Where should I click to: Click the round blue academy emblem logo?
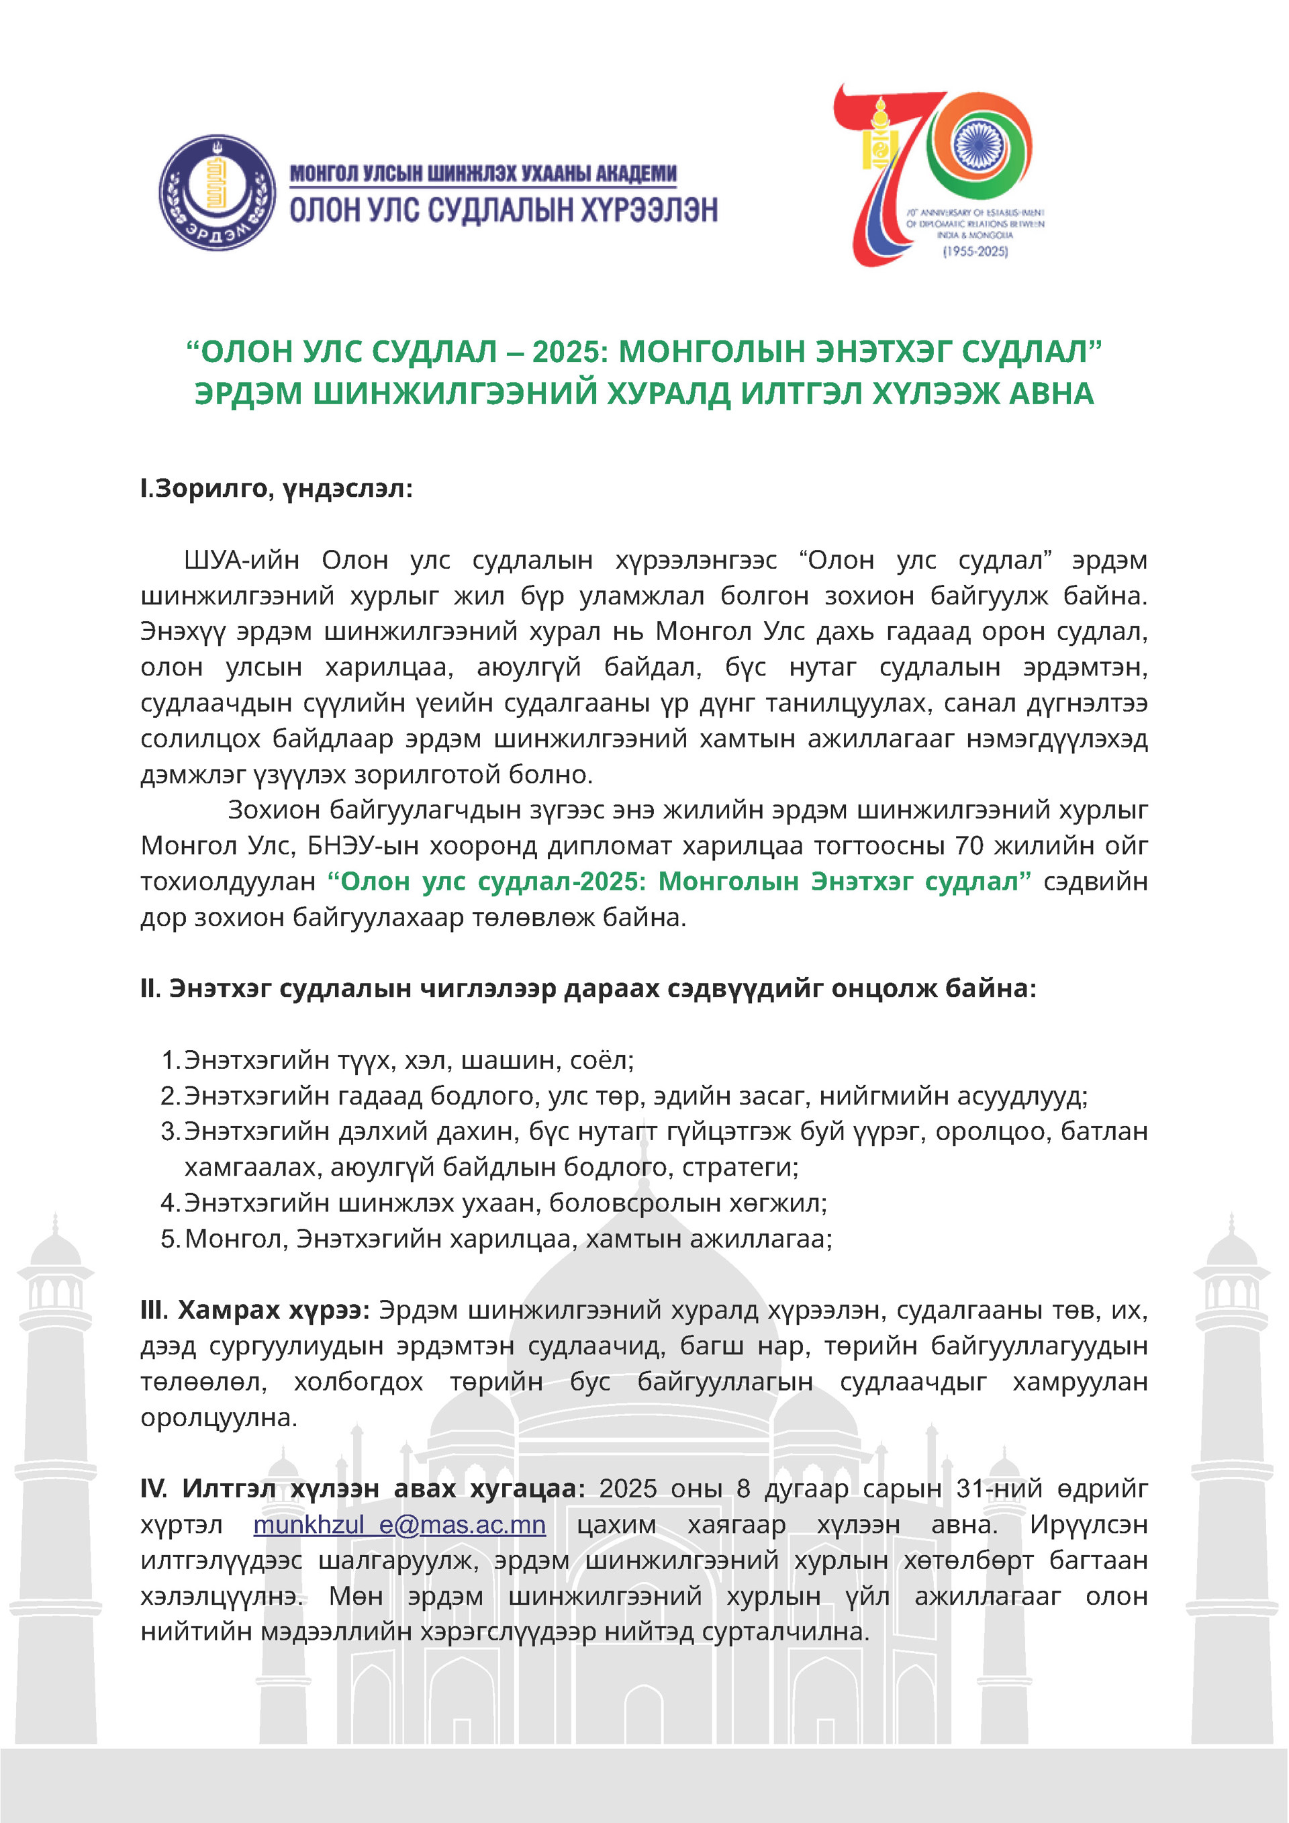218,192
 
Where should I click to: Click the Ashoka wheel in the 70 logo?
979,144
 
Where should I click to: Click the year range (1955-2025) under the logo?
975,252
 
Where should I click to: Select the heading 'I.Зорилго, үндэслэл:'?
276,488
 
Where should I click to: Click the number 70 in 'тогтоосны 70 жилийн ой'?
968,845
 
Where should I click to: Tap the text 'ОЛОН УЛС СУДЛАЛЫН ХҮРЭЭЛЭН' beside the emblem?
504,209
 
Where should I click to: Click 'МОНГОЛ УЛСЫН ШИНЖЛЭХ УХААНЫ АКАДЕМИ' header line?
483,173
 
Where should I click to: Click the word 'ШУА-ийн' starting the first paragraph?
241,560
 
